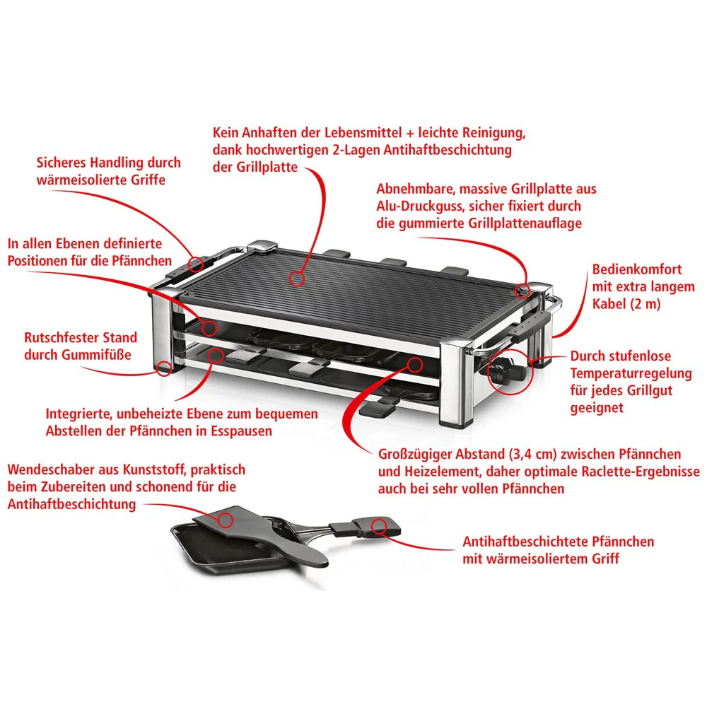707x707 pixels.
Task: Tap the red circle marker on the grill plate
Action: [298, 277]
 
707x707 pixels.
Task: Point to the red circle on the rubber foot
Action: [165, 368]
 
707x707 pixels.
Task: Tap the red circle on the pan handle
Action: [378, 525]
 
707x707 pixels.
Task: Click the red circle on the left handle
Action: [195, 264]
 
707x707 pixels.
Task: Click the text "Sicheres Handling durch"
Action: [108, 163]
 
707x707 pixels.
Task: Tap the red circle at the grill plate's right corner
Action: [522, 290]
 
